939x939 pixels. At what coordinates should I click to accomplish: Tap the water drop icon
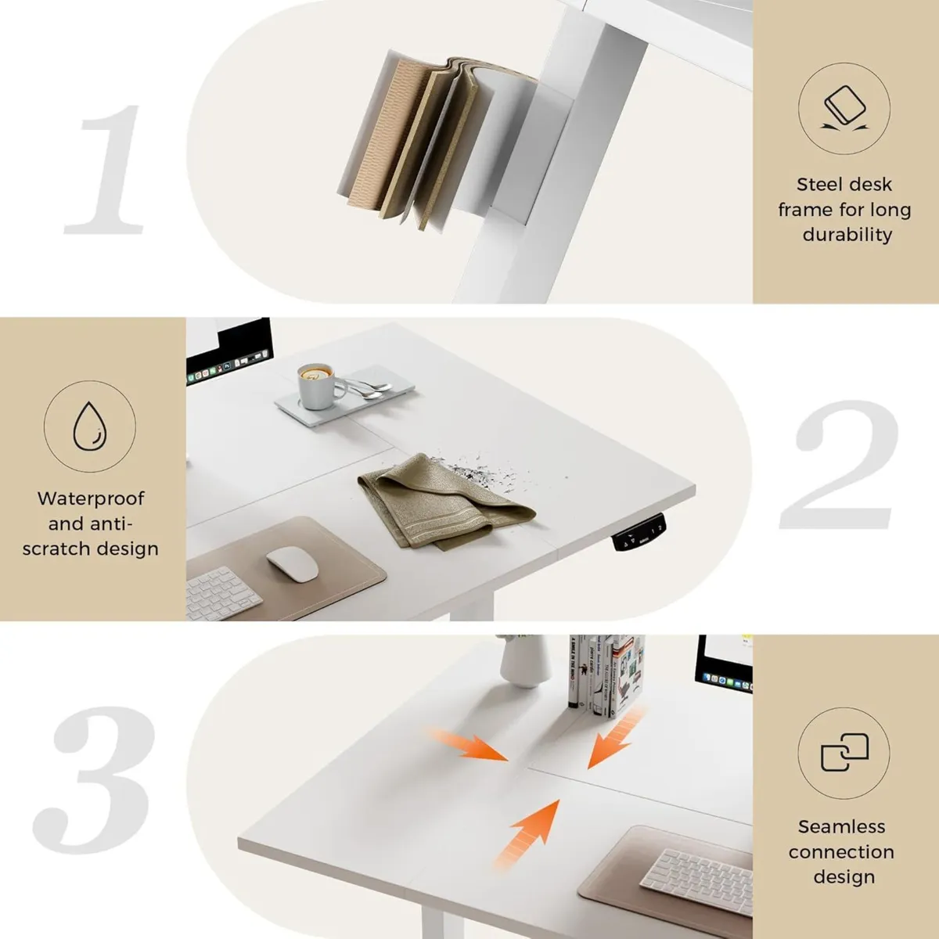[89, 426]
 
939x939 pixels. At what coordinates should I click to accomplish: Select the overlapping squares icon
[844, 753]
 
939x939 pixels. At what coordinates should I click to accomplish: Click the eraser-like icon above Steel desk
[844, 109]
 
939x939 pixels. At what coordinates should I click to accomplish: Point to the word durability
[847, 235]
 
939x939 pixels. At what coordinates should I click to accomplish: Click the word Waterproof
[90, 498]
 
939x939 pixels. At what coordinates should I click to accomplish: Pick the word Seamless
[841, 827]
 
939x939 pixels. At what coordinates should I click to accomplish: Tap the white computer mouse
[292, 563]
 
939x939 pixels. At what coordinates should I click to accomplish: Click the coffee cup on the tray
[317, 385]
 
